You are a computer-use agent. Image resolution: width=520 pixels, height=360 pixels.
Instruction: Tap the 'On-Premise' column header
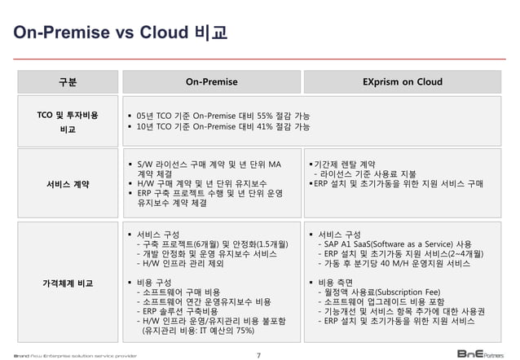211,82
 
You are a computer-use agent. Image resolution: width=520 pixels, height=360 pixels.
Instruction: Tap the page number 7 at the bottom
258,353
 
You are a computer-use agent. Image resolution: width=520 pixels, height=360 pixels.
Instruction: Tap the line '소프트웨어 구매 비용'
180,291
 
